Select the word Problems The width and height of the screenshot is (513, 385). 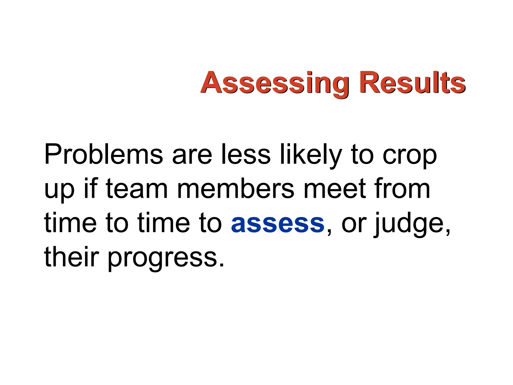tap(103, 155)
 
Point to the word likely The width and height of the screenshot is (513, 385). tap(310, 155)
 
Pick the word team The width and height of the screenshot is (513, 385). tap(137, 189)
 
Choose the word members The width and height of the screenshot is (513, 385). tap(236, 189)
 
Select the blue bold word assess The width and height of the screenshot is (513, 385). tap(278, 224)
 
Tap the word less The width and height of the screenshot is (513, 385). tap(246, 155)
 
